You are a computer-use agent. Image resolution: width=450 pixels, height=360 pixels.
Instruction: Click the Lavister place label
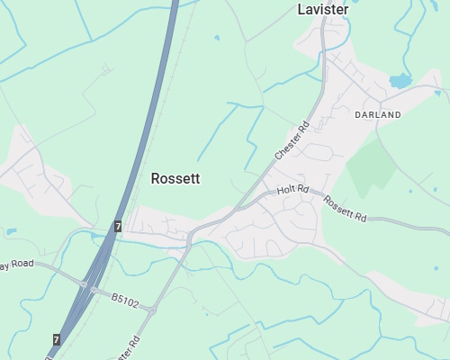coord(322,10)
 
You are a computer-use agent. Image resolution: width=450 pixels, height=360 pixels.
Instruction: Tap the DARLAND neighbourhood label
coord(378,115)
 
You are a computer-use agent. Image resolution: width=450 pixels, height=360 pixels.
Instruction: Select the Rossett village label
coord(175,178)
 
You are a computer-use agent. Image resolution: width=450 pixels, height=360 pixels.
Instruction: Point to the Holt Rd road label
coord(292,191)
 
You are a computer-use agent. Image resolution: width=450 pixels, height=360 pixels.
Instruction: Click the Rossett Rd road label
coord(346,210)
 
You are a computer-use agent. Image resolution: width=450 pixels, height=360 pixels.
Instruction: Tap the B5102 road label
coord(125,300)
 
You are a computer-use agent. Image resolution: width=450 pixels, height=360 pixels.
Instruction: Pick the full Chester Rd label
coord(292,142)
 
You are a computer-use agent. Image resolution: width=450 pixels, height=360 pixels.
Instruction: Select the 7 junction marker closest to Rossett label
coord(118,227)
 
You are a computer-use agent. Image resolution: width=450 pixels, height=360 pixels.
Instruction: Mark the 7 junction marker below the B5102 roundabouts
coord(57,339)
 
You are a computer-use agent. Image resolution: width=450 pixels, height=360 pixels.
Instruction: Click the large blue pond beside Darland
coord(400,81)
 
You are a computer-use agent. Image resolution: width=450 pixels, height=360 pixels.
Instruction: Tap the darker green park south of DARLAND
coord(371,167)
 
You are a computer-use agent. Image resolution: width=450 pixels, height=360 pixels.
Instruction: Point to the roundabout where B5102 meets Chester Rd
coord(152,310)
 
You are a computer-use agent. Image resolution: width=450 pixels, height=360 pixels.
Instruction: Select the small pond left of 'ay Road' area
coord(11,232)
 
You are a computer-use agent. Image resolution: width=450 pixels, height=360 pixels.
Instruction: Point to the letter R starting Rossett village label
coord(156,178)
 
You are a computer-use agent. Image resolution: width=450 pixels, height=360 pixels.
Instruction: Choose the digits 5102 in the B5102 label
coord(129,301)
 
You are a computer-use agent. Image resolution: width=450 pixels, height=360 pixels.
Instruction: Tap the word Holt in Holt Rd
coord(287,190)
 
